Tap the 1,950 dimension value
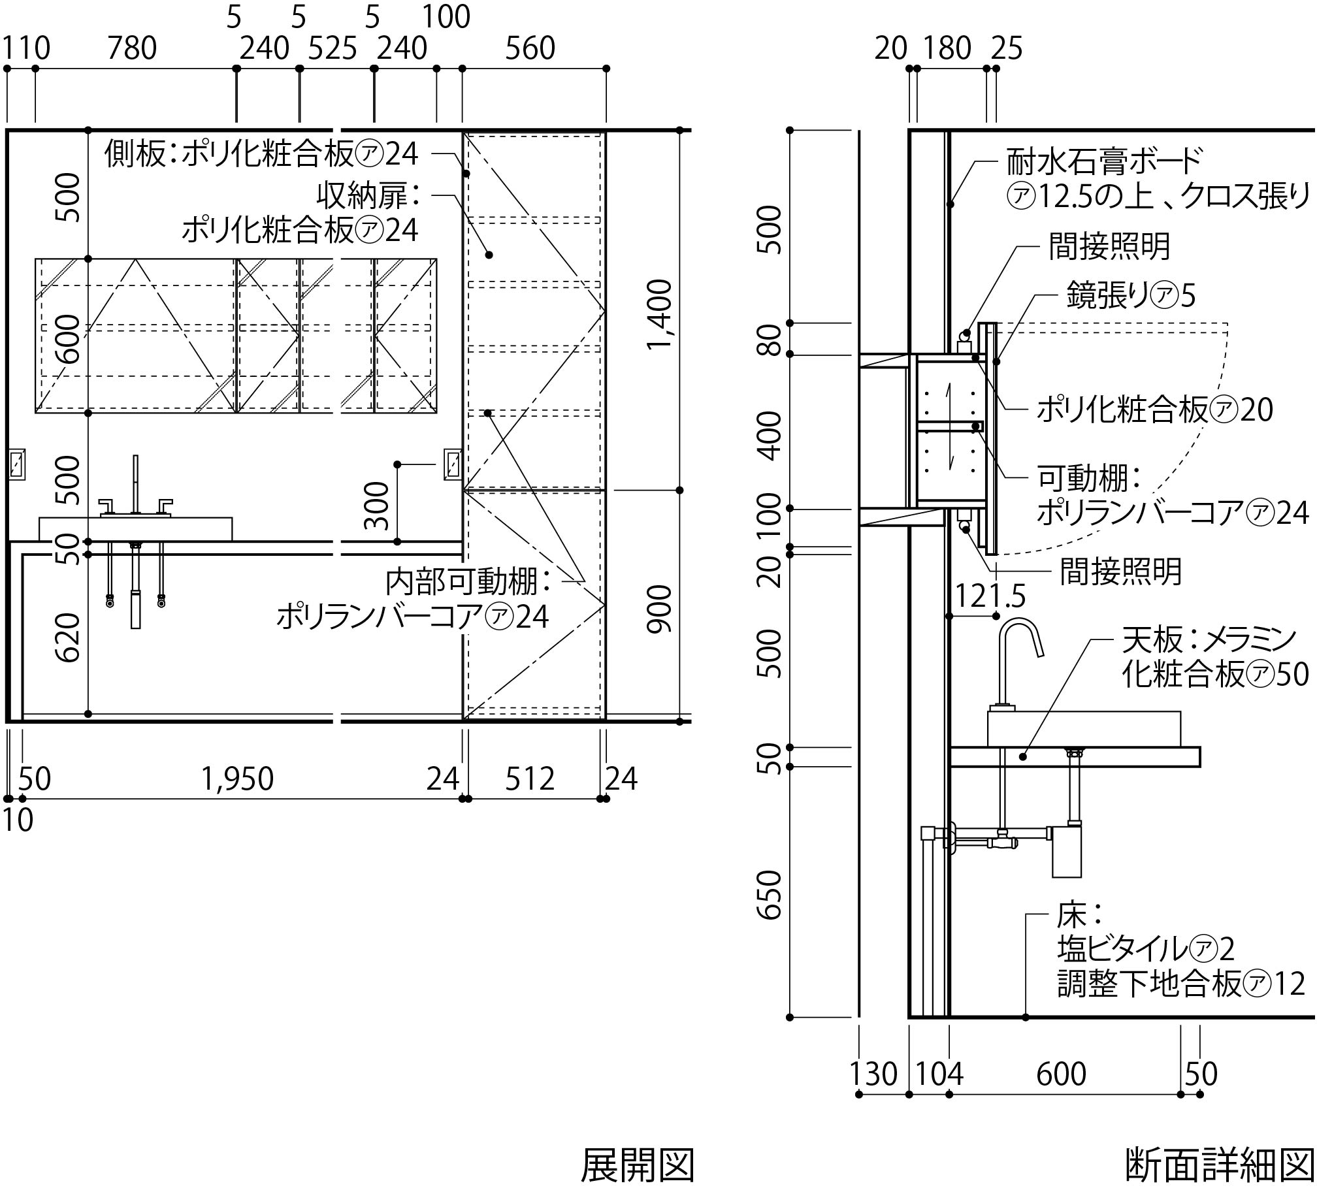click(x=237, y=779)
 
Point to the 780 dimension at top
click(x=132, y=48)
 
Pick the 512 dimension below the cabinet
click(x=530, y=779)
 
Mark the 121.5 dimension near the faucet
click(x=990, y=596)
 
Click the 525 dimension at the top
click(x=333, y=48)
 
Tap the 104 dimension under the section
click(x=939, y=1074)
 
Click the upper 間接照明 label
click(x=1109, y=246)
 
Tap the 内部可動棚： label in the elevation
click(x=468, y=581)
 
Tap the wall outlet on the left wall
click(x=17, y=464)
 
